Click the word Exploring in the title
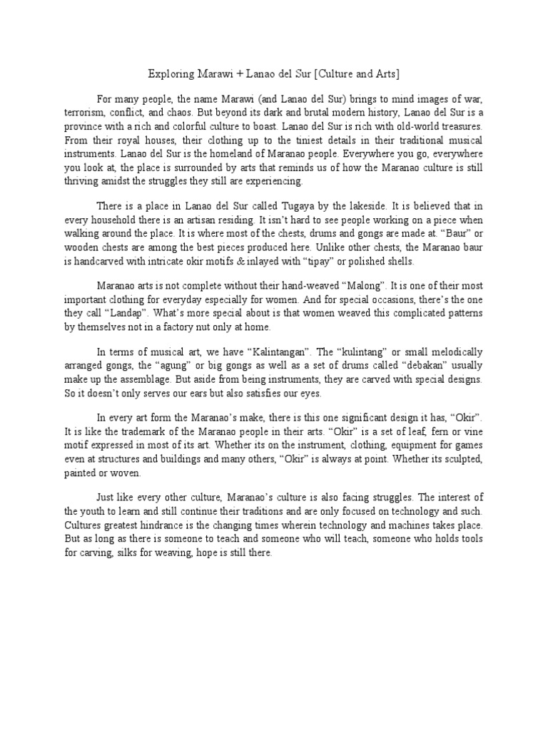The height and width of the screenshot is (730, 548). tap(168, 74)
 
